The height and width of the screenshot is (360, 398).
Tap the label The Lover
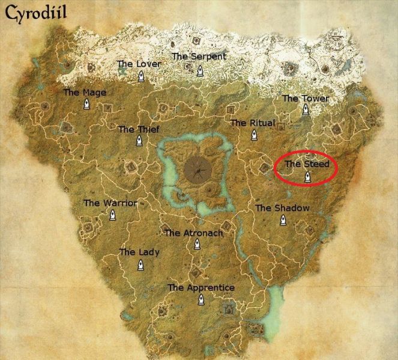139,63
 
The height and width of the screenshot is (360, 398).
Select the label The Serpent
199,56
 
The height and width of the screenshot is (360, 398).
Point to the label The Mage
85,92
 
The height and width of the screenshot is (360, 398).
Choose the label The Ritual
252,123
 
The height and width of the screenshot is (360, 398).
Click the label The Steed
307,163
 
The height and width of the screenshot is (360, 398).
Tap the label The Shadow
282,208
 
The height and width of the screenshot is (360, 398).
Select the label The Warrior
110,203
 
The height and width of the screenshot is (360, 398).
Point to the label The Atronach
193,233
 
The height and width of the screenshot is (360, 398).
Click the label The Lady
139,252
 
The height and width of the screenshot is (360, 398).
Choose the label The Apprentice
201,288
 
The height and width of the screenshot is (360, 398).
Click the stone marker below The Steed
307,177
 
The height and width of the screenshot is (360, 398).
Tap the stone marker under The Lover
140,76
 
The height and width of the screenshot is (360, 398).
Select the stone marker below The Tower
306,110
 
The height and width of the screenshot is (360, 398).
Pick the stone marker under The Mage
86,105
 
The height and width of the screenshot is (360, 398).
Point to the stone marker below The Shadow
283,221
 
